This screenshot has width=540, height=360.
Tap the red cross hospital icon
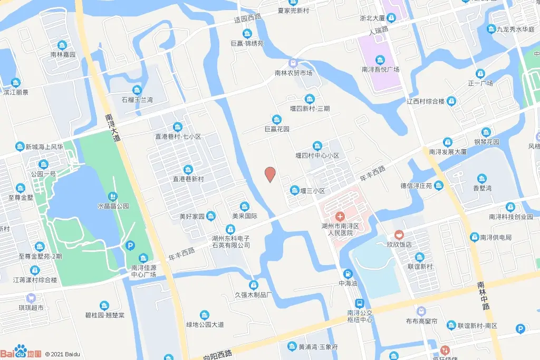(340, 216)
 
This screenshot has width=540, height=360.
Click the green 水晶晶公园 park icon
(113, 196)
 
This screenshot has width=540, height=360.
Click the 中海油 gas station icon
(348, 274)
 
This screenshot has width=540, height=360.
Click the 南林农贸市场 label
(293, 73)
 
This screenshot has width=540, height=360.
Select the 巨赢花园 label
(277, 128)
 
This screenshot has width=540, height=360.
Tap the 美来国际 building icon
(244, 206)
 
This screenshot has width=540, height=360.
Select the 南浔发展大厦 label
(448, 151)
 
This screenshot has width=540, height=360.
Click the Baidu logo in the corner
(21, 352)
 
